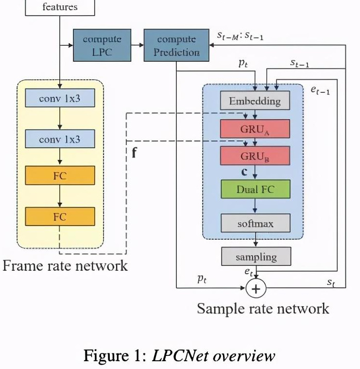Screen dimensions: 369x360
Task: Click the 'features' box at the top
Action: pos(60,7)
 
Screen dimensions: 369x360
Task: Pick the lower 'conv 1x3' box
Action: pos(60,140)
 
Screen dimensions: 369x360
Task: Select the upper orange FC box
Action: pos(60,175)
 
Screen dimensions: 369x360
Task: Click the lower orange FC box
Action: pos(60,216)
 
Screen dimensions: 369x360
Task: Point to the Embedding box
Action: pos(255,101)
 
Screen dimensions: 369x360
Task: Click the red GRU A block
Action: pos(255,129)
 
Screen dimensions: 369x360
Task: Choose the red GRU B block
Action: pos(255,156)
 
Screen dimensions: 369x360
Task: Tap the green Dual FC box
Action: pos(255,190)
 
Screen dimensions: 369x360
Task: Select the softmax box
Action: pos(255,224)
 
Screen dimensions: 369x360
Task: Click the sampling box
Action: pos(256,257)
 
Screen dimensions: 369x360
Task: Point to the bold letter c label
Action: pos(244,172)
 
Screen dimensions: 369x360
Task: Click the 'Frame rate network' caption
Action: pos(65,265)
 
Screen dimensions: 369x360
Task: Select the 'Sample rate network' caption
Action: pos(263,308)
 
